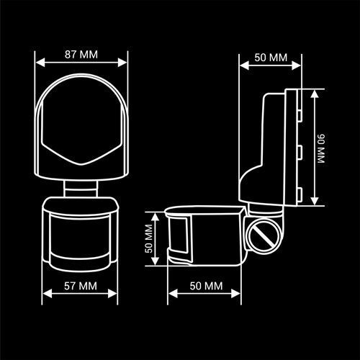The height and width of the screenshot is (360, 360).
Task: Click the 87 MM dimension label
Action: (81, 55)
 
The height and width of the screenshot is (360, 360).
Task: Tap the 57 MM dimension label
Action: (81, 286)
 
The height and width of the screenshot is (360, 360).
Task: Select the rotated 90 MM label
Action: (321, 149)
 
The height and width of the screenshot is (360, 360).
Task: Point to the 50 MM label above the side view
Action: (271, 58)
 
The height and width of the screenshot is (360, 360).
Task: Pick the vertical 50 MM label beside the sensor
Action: (149, 238)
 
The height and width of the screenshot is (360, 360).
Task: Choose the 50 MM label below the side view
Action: (206, 286)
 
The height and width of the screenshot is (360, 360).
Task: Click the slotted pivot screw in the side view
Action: (264, 236)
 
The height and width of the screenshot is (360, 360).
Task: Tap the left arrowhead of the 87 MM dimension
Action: (40, 63)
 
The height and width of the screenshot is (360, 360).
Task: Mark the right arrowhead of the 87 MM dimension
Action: (122, 63)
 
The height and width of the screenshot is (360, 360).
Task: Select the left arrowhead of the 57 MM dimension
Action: (48, 294)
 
